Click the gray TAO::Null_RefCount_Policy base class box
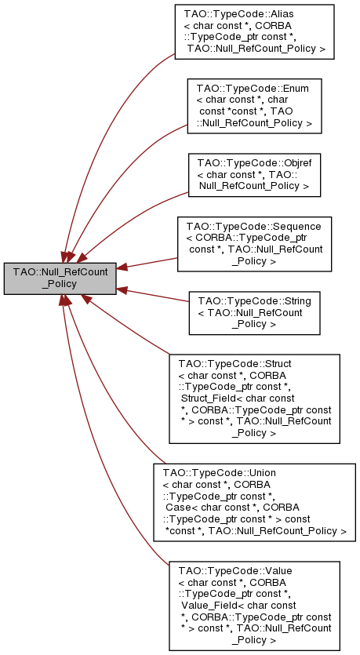pos(60,278)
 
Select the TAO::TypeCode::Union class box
pos(254,503)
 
